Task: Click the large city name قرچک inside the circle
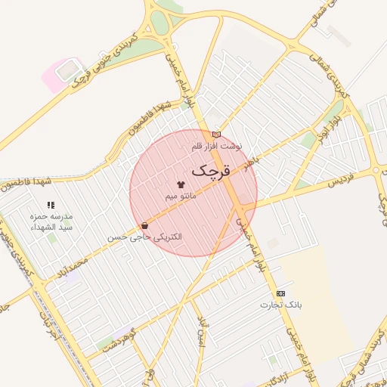[208, 171]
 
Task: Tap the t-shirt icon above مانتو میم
[180, 184]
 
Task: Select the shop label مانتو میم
[181, 196]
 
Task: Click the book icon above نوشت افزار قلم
[217, 133]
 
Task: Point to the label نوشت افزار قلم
[220, 145]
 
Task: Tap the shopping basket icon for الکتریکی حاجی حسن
[144, 225]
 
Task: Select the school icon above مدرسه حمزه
[51, 205]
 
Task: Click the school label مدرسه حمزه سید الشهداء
[55, 221]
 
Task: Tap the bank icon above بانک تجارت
[281, 293]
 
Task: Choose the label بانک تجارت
[281, 305]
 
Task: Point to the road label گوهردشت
[116, 338]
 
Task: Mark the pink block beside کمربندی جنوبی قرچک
[57, 73]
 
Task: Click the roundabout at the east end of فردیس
[379, 170]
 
